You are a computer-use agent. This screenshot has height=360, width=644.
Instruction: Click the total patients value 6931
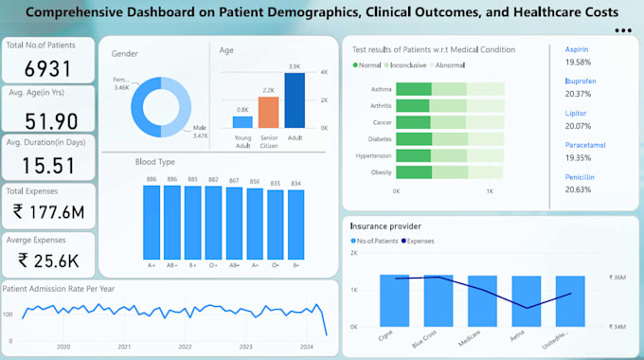[x=47, y=68]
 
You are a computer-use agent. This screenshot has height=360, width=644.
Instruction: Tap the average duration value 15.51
[x=47, y=166]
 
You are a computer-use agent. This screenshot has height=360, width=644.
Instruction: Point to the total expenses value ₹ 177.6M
[x=47, y=212]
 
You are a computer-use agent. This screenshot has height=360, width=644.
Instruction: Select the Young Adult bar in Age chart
[x=243, y=121]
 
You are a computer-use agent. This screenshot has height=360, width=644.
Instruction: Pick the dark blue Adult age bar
[x=295, y=100]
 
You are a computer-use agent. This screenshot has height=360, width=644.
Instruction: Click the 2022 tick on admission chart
[x=185, y=347]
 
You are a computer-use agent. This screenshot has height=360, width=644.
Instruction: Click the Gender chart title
[x=124, y=53]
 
